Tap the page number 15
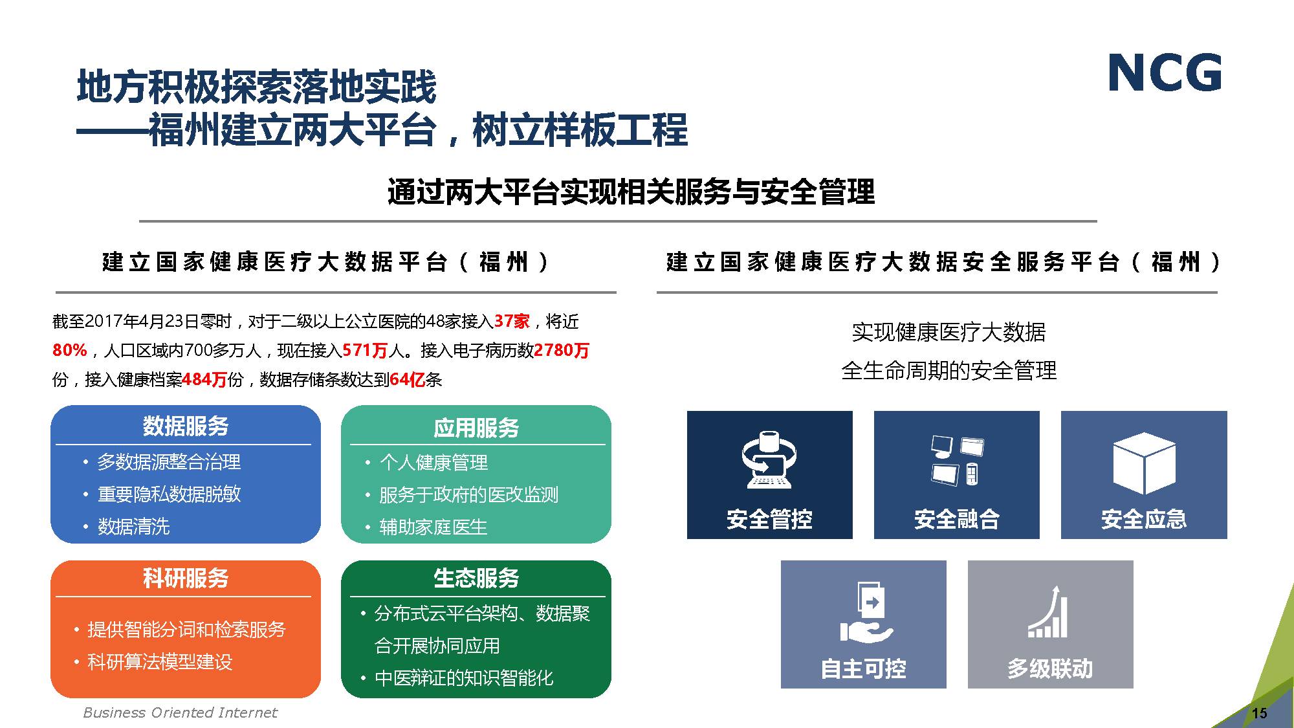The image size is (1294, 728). pos(1259,713)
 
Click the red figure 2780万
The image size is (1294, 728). pos(562,350)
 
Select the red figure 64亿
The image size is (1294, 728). pos(407,379)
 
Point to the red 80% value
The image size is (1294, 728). pos(70,350)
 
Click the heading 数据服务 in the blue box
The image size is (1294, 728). pos(186,426)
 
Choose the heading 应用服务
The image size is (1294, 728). pos(476,428)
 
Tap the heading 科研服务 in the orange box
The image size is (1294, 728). pos(186,578)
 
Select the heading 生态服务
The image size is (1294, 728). pos(476,578)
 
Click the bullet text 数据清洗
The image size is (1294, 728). pos(134,527)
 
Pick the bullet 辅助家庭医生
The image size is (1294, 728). pos(433,527)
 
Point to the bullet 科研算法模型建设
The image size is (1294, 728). pos(160,662)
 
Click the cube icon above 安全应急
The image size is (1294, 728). pos(1144,463)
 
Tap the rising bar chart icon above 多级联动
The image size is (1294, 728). pos(1048,612)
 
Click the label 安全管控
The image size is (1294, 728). pos(769,519)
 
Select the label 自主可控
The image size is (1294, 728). pos(863,668)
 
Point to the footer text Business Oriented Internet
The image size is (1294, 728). pos(180,712)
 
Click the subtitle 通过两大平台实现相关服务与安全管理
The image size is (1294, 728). pos(631,192)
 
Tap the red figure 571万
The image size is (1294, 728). pos(365,350)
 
